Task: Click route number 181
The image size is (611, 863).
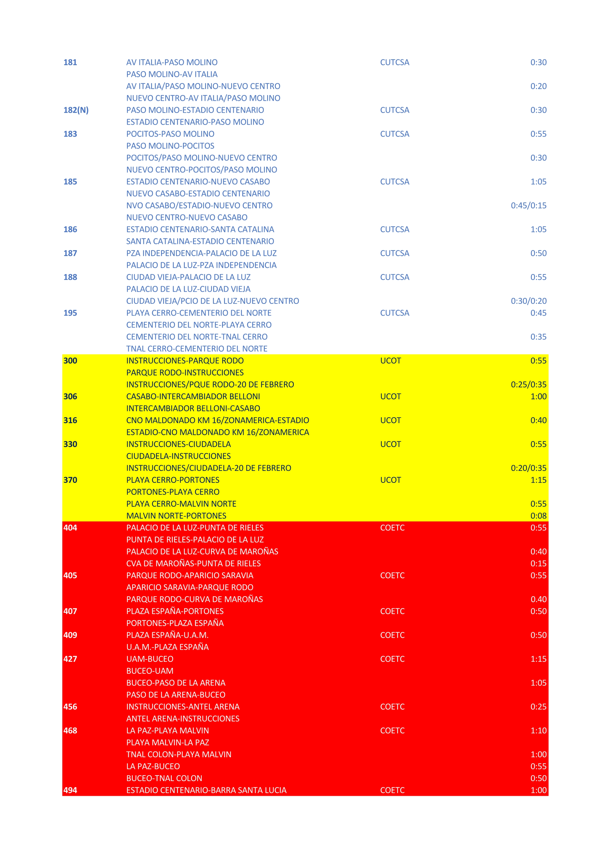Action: [x=70, y=62]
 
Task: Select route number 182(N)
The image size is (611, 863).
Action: [x=76, y=110]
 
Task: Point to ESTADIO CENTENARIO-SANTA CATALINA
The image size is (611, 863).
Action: [x=200, y=229]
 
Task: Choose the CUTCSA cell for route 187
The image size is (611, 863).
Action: [x=394, y=253]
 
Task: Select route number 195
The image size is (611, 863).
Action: [x=70, y=313]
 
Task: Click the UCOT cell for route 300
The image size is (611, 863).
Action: [x=390, y=361]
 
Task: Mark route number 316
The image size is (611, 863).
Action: [x=70, y=420]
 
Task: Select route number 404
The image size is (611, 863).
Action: [x=70, y=528]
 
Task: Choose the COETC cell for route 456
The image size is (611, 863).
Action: [x=392, y=707]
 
